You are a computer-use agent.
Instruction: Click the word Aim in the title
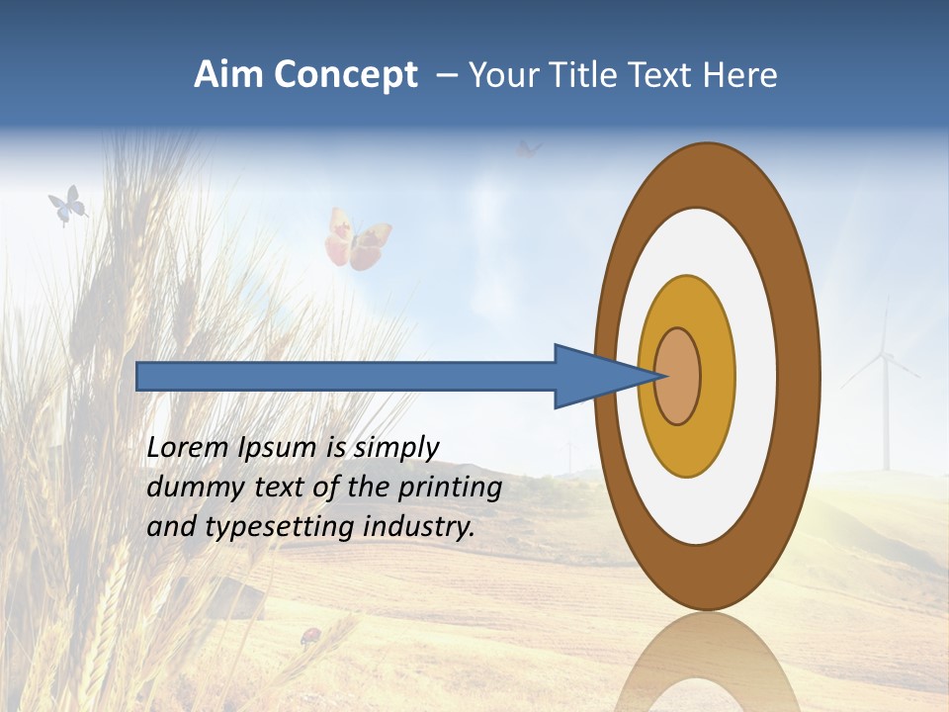coord(228,75)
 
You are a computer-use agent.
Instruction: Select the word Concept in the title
coord(346,75)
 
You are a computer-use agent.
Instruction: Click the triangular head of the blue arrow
coord(593,376)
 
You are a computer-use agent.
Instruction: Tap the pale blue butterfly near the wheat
coord(67,205)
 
